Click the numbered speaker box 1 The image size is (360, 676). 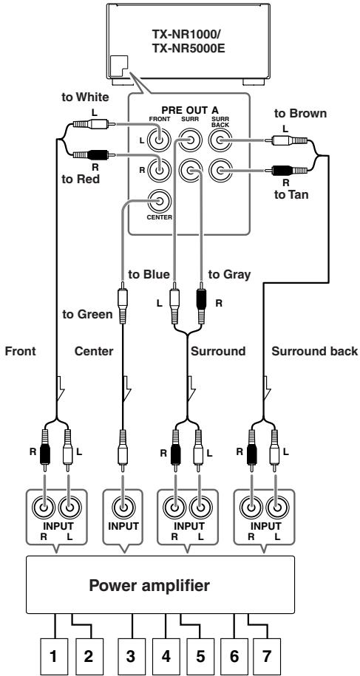click(x=54, y=657)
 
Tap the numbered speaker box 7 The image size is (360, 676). click(x=267, y=657)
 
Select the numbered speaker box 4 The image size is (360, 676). click(x=166, y=657)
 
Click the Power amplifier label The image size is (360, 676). click(x=149, y=585)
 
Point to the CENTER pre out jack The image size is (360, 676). click(x=159, y=201)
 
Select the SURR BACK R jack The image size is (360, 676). click(x=220, y=171)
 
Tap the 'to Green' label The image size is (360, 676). click(x=87, y=315)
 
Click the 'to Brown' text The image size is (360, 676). click(x=301, y=113)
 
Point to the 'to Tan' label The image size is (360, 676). click(x=291, y=195)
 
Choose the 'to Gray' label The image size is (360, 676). click(x=229, y=274)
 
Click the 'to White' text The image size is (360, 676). click(x=85, y=97)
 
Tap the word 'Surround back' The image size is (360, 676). click(x=315, y=352)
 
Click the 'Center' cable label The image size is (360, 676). click(x=94, y=352)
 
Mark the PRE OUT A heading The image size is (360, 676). click(x=190, y=110)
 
